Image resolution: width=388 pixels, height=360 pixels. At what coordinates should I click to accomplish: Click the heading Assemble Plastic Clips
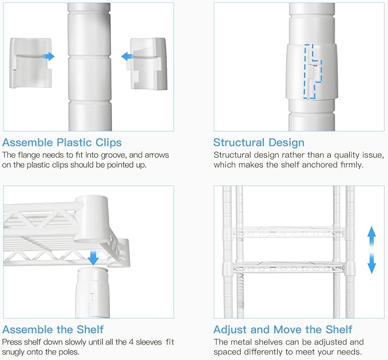pyautogui.click(x=62, y=143)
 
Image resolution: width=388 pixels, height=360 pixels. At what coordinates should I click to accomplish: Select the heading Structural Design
pyautogui.click(x=259, y=143)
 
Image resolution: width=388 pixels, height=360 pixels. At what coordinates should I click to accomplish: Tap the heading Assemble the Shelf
pyautogui.click(x=53, y=330)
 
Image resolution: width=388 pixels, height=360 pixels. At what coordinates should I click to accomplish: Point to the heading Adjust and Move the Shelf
pyautogui.click(x=283, y=330)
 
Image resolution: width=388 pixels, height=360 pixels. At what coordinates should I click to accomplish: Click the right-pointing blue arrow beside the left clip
pyautogui.click(x=49, y=57)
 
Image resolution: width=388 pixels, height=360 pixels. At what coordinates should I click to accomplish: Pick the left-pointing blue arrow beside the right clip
pyautogui.click(x=127, y=57)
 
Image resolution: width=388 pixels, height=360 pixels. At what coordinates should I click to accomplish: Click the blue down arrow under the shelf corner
pyautogui.click(x=93, y=258)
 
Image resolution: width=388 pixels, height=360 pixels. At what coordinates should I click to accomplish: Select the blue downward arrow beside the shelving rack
pyautogui.click(x=371, y=264)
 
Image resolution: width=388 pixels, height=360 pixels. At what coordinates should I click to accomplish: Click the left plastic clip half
pyautogui.click(x=31, y=63)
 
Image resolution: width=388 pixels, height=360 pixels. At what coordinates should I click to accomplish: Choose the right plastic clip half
pyautogui.click(x=148, y=64)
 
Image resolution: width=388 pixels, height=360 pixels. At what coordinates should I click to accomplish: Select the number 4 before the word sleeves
pyautogui.click(x=131, y=342)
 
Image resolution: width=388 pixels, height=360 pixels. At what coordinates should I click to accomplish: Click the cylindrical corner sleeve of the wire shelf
pyautogui.click(x=91, y=219)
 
